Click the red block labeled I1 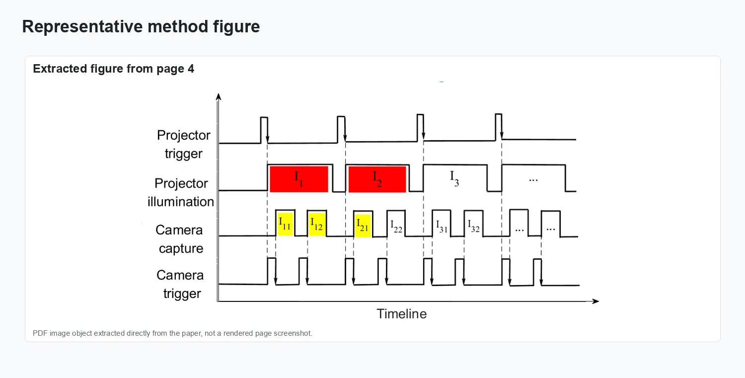coord(298,179)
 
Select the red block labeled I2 coord(377,180)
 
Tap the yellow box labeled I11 coord(285,224)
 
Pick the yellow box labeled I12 coord(317,224)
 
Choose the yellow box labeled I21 coord(363,226)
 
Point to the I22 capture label coord(396,226)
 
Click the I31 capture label coord(442,226)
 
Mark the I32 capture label coord(474,226)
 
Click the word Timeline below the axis coord(401,314)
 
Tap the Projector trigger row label coord(184,144)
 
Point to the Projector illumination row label coord(181,192)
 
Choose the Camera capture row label coord(180,239)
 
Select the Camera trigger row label coord(181,284)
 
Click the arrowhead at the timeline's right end coord(596,301)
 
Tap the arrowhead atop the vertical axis coord(219,96)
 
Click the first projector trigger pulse coord(264,130)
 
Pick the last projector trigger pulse coord(499,127)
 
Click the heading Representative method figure coord(141,26)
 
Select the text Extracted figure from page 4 coord(113,69)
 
